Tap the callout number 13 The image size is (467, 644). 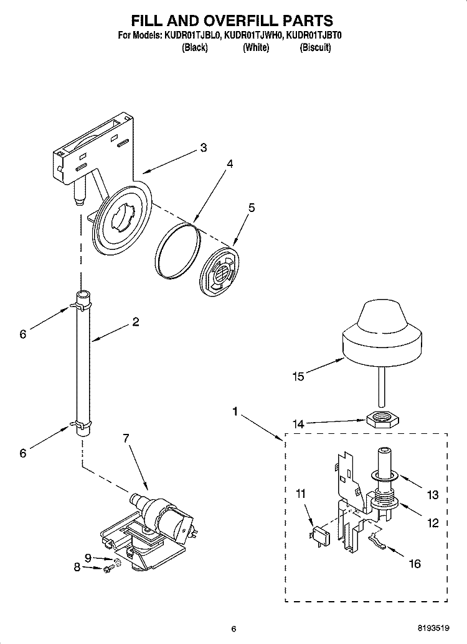click(432, 495)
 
